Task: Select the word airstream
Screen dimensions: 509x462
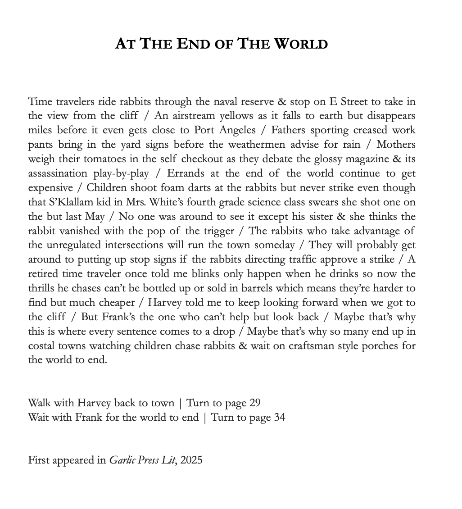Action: tap(193, 116)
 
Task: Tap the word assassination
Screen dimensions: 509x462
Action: tap(58, 173)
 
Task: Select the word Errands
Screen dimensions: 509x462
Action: tap(186, 173)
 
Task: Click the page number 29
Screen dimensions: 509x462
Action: tap(255, 403)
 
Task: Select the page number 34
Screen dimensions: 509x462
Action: tap(279, 417)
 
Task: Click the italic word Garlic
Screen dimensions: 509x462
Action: tap(123, 460)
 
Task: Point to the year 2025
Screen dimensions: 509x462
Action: tap(191, 460)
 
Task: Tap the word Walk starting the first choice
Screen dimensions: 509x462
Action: tap(39, 403)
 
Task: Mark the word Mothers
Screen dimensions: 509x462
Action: tap(396, 145)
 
